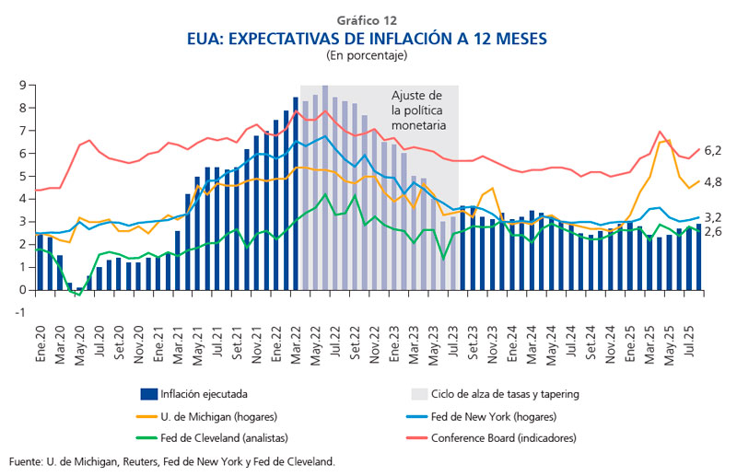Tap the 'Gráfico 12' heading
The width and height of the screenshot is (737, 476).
click(368, 18)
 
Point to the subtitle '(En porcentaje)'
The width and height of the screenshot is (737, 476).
click(368, 55)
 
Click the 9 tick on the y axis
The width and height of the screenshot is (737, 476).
click(20, 86)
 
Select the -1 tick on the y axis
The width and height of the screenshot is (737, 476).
click(18, 313)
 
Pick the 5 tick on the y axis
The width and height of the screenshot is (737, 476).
click(20, 177)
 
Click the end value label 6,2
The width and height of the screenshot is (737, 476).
click(713, 150)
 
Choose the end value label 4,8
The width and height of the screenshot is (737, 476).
click(713, 182)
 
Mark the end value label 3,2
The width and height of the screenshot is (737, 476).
click(713, 217)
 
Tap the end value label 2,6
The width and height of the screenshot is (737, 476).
click(713, 231)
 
